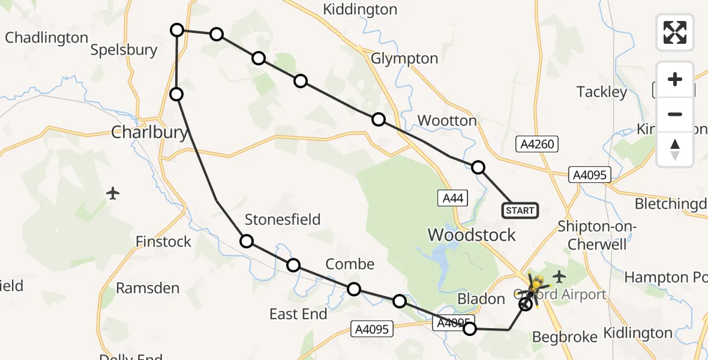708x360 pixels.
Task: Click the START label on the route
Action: point(520,211)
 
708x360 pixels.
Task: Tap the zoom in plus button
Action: point(675,80)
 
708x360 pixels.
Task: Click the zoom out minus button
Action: point(675,114)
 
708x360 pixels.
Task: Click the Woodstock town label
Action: point(471,235)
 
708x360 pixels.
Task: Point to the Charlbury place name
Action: point(149,132)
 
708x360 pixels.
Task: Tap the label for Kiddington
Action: point(360,10)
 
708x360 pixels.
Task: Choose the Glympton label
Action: point(404,59)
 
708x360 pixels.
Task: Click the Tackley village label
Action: point(601,92)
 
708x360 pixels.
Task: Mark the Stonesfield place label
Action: point(283,220)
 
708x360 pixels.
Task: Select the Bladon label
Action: point(481,299)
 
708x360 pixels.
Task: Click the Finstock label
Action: point(163,242)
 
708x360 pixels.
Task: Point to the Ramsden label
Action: point(148,289)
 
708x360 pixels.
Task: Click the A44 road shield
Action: point(452,198)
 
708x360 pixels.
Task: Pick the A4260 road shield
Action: point(537,144)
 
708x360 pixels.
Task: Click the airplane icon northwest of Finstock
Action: point(113,193)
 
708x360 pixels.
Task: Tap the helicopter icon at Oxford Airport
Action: point(536,283)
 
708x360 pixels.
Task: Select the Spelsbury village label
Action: point(124,50)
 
